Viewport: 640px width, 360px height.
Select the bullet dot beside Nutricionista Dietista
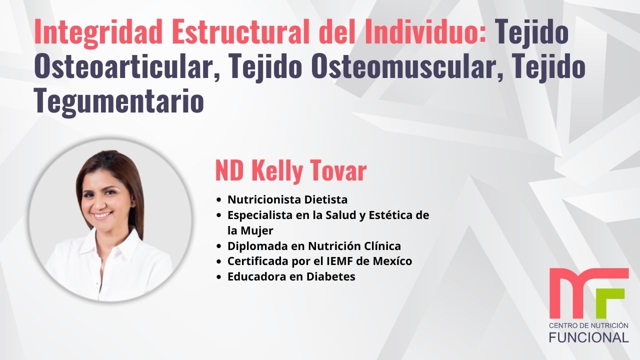tap(218, 200)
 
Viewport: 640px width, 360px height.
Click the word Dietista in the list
tap(325, 199)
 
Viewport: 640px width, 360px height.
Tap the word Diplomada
tap(255, 246)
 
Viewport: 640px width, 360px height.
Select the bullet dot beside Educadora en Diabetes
tap(218, 277)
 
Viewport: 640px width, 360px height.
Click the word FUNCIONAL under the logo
tap(588, 337)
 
